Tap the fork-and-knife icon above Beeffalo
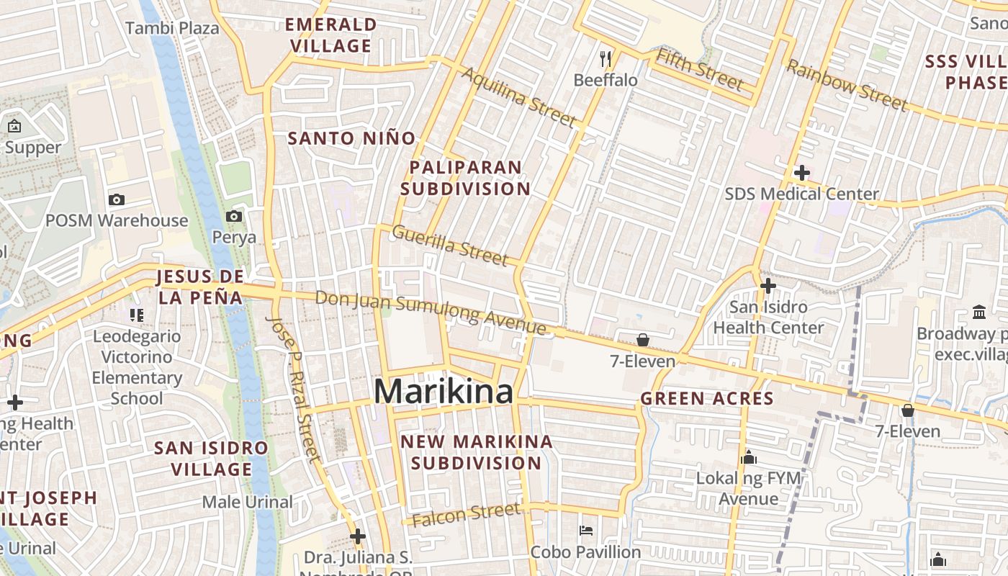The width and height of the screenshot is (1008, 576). click(606, 58)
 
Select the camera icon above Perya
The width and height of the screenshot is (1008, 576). click(233, 216)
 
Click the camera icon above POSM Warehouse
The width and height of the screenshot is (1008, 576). click(116, 199)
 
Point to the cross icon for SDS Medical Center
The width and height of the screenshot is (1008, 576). click(801, 173)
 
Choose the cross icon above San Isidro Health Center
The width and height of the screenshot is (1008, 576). click(768, 286)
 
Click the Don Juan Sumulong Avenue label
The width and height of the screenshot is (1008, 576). click(431, 312)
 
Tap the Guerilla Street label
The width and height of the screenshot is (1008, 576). click(450, 244)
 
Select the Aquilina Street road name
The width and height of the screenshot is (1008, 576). click(518, 96)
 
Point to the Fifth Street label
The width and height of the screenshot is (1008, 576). click(699, 70)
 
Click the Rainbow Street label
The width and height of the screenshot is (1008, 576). click(846, 86)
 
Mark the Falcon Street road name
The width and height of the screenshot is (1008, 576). click(467, 514)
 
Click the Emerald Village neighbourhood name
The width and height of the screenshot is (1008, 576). click(330, 35)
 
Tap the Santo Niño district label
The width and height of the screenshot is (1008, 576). click(351, 138)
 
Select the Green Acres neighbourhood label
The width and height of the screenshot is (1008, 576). click(706, 398)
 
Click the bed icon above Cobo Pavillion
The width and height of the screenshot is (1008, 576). click(585, 531)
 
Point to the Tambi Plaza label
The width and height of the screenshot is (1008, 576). click(172, 28)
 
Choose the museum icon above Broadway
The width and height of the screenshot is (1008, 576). click(979, 312)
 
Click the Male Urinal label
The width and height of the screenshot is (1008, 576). click(247, 502)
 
